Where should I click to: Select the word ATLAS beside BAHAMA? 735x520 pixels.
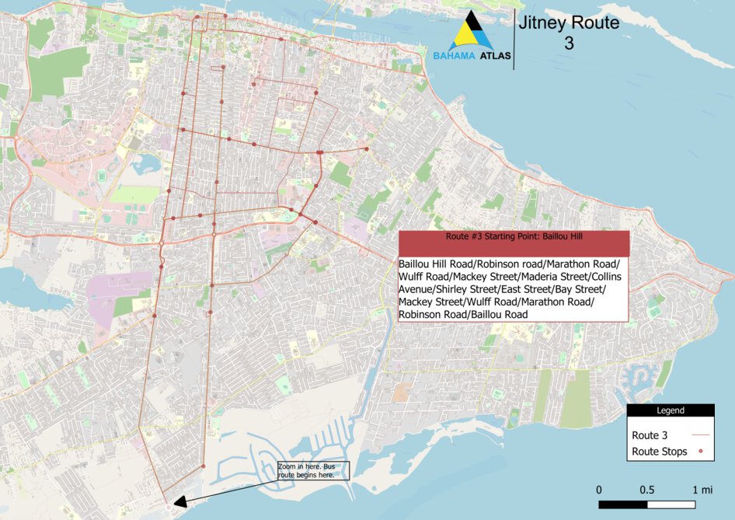click(x=496, y=57)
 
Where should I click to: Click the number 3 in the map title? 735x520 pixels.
click(x=569, y=44)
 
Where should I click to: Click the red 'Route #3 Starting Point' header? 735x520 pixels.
click(x=513, y=243)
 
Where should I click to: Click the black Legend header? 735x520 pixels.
click(x=671, y=410)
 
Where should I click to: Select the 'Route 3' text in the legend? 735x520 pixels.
click(x=650, y=435)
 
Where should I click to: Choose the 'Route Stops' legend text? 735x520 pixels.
click(x=660, y=452)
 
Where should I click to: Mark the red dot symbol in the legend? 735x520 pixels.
click(x=701, y=452)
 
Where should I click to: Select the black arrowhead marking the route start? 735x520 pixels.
click(x=180, y=502)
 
